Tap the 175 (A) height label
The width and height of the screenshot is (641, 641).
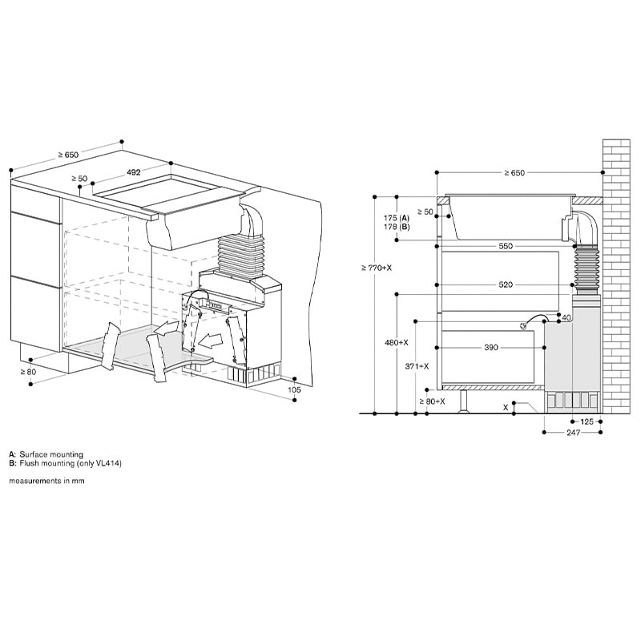[x=397, y=218]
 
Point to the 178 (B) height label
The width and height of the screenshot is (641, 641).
[x=397, y=227]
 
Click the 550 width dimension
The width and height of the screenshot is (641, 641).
[x=505, y=246]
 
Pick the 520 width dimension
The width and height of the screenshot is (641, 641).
[x=505, y=284]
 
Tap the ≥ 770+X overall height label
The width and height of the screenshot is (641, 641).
[x=377, y=267]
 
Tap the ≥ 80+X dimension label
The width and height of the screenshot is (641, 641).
[x=431, y=401]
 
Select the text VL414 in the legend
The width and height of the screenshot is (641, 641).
[x=107, y=463]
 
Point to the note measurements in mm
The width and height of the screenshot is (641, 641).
[x=46, y=481]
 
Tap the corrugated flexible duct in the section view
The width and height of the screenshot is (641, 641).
[x=581, y=265]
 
